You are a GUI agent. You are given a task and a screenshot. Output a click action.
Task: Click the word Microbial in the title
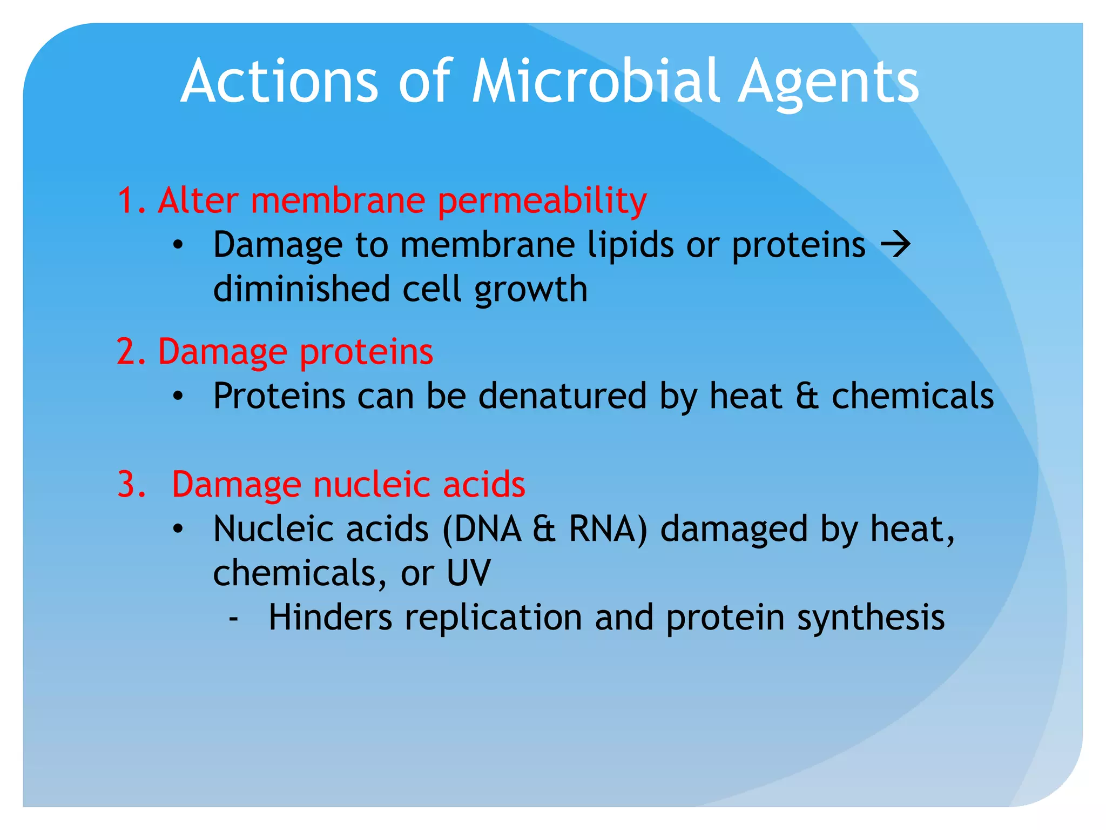[x=596, y=82]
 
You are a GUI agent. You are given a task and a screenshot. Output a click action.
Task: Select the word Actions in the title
[x=279, y=82]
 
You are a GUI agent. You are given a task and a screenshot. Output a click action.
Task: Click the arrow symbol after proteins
[x=895, y=245]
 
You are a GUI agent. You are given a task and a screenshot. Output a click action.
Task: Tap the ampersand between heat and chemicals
[x=807, y=396]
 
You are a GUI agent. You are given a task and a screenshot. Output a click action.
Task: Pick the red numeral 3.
[x=129, y=485]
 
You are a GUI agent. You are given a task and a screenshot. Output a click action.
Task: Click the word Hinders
[x=330, y=617]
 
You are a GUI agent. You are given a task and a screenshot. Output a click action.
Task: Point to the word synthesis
[x=871, y=618]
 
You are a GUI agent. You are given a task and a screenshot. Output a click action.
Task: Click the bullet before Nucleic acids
[x=178, y=529]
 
